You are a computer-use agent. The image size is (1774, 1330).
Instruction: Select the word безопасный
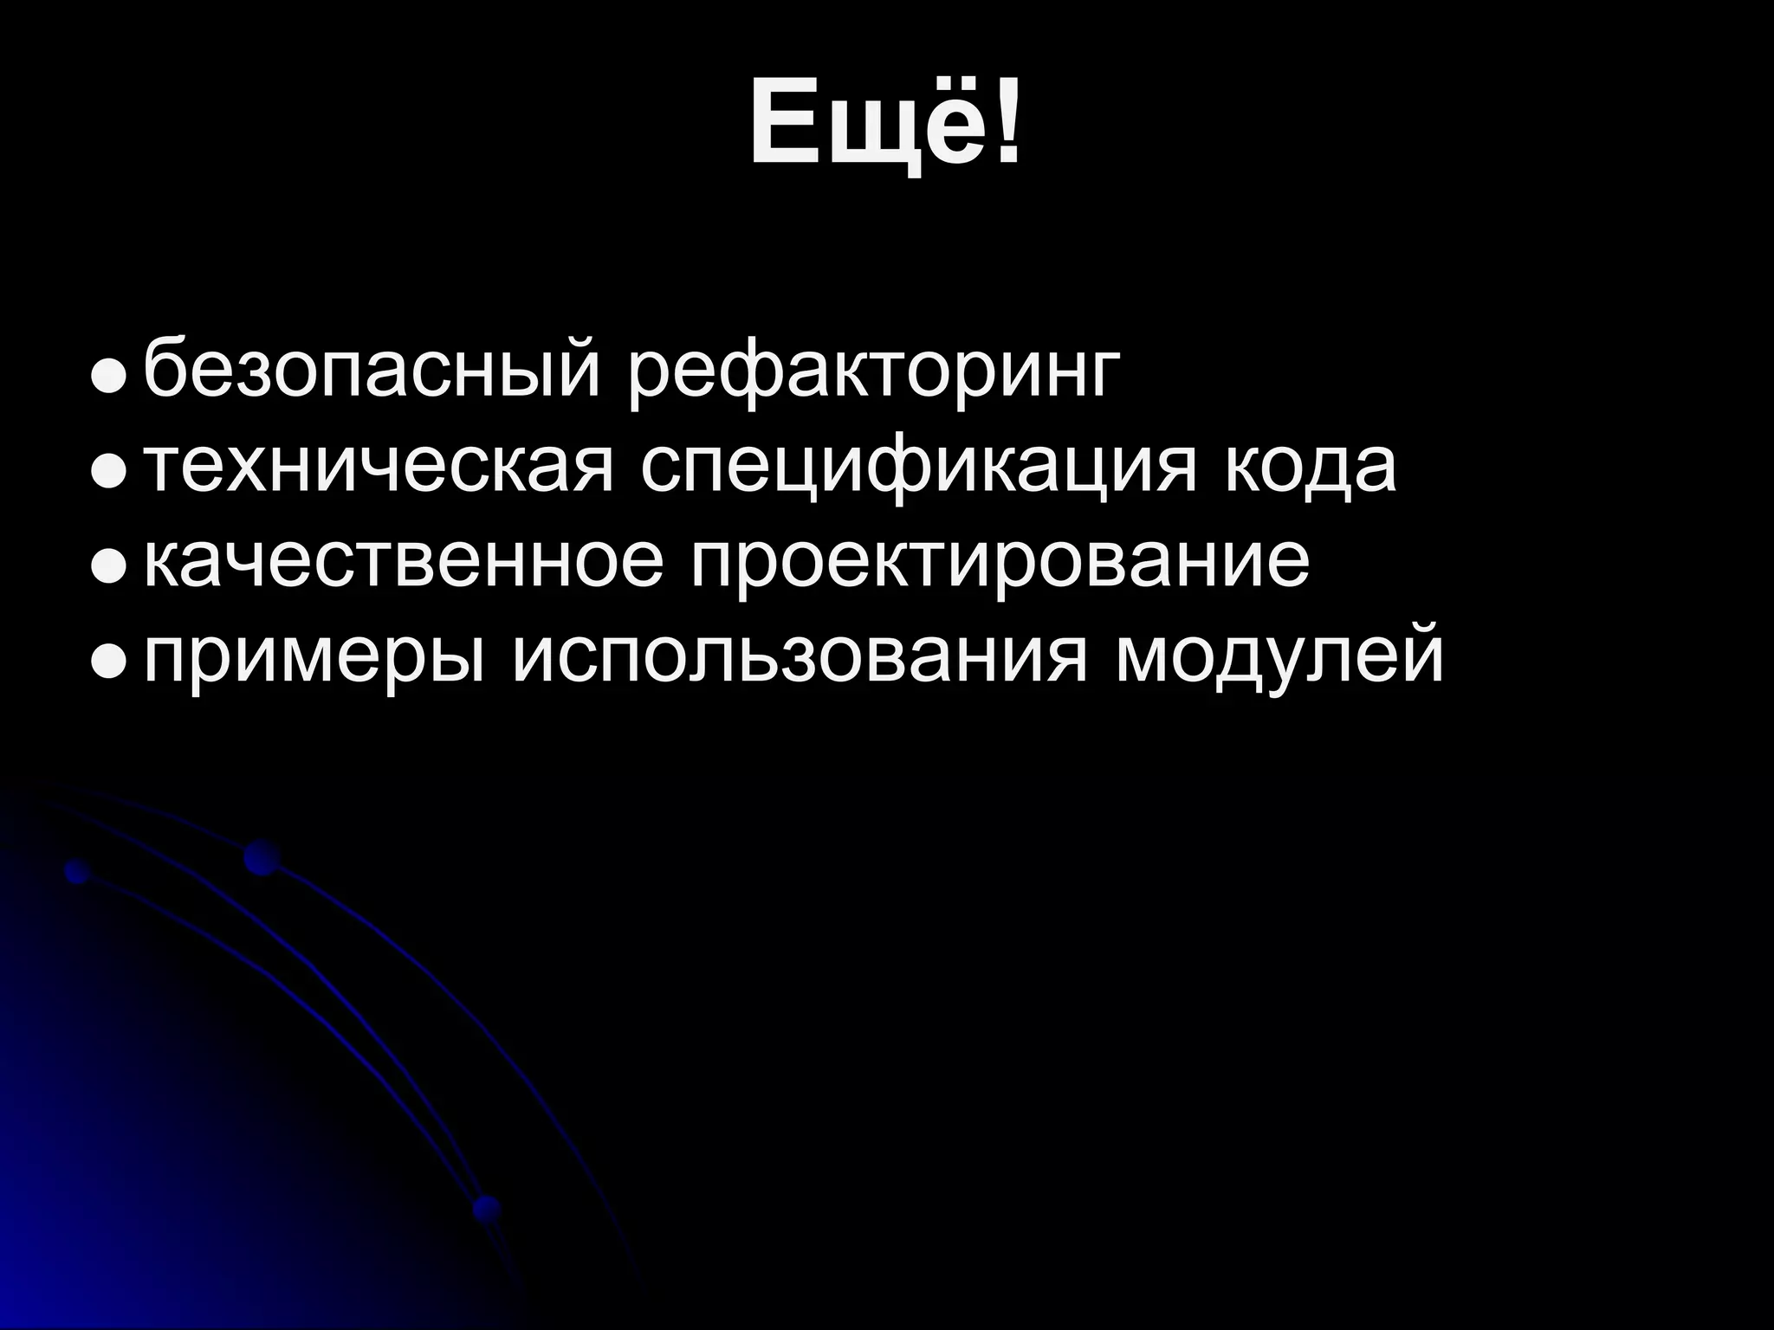tap(372, 371)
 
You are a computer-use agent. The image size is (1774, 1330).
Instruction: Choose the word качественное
tap(404, 562)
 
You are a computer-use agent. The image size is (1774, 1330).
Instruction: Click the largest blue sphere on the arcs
tap(262, 857)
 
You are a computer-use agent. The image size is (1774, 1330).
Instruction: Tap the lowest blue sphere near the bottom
tap(487, 1207)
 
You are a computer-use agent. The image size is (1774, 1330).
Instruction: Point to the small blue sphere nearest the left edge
tap(78, 872)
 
